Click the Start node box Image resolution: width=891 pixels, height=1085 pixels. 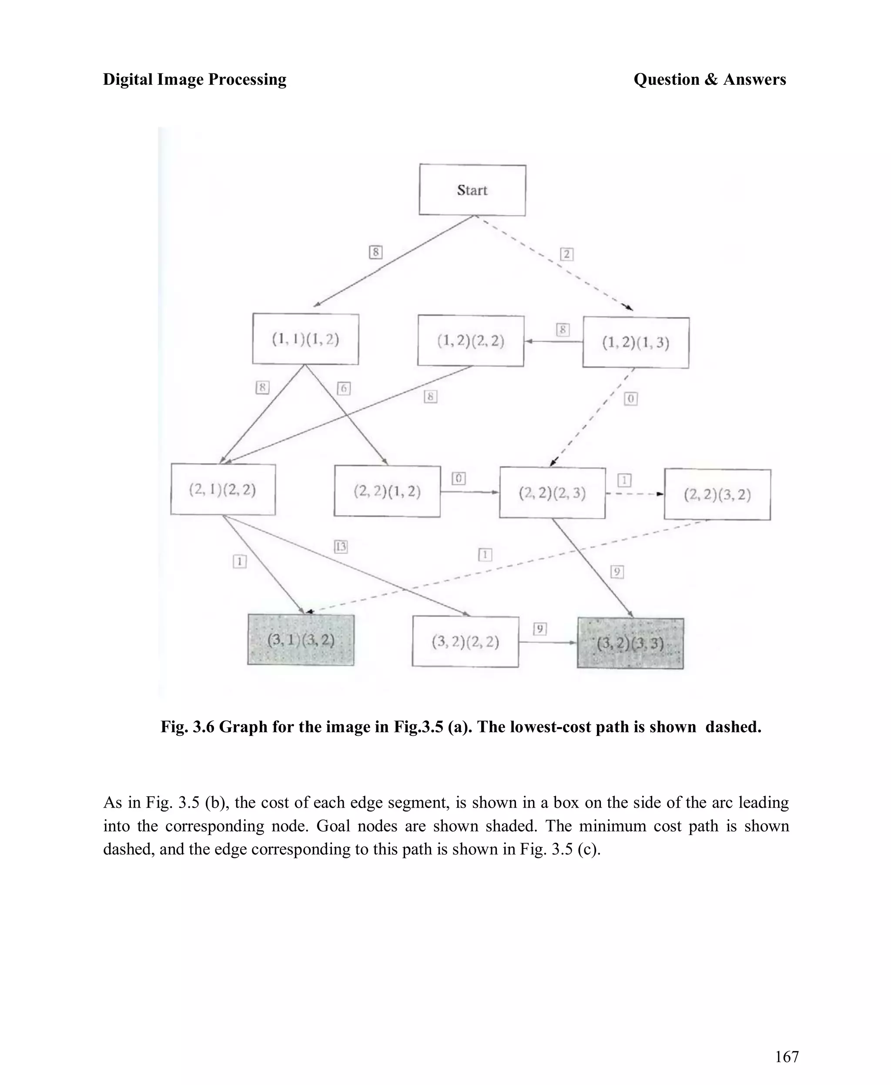click(472, 190)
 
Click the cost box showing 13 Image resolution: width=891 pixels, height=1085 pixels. click(341, 547)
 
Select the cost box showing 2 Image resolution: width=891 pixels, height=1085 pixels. click(566, 254)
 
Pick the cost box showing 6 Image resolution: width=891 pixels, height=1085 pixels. click(344, 388)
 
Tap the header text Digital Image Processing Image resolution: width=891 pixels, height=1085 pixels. click(194, 80)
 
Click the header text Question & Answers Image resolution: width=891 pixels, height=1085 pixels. click(709, 80)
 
